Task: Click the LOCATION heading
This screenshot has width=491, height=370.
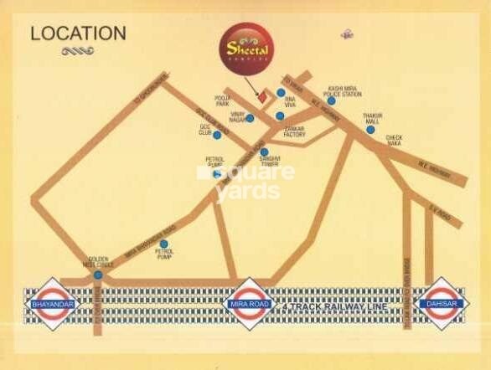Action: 78,33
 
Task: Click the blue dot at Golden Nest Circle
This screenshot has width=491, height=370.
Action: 98,275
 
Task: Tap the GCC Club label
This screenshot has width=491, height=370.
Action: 206,131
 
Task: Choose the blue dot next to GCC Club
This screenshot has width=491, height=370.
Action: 217,135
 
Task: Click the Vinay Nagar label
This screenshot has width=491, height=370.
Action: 230,118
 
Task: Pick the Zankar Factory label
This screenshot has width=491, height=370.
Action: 295,131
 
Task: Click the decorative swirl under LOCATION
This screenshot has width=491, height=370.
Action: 77,51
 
